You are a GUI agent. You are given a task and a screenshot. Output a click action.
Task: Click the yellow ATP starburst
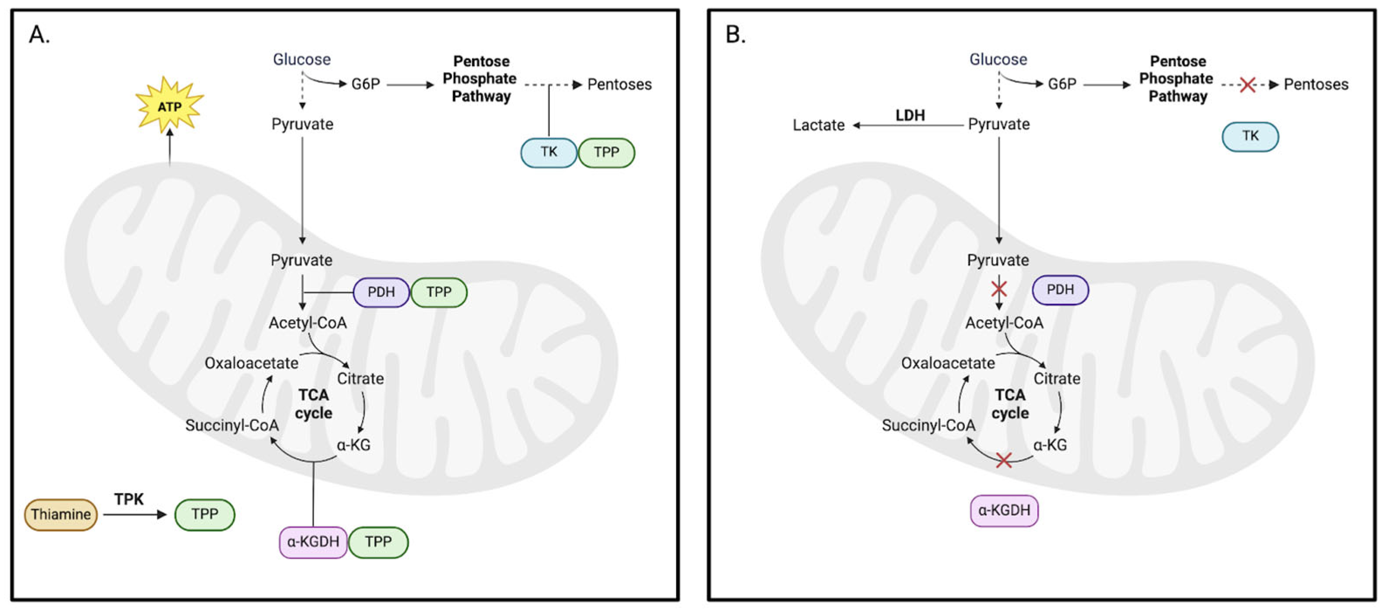click(x=169, y=106)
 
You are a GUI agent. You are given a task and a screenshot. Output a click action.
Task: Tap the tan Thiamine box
click(x=61, y=515)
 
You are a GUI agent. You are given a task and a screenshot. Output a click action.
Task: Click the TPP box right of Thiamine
click(x=205, y=515)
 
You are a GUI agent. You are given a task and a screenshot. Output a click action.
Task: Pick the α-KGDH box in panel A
click(x=313, y=542)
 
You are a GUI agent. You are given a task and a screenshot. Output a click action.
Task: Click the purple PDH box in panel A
click(x=381, y=292)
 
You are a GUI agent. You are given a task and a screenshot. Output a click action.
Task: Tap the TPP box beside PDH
click(x=439, y=292)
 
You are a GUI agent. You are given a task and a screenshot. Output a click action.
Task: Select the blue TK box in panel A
click(x=549, y=152)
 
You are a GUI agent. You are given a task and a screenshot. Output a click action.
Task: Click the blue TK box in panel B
click(x=1250, y=136)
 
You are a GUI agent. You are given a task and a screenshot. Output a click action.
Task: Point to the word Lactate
click(x=818, y=125)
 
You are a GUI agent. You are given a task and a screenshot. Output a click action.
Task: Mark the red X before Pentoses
click(x=1247, y=84)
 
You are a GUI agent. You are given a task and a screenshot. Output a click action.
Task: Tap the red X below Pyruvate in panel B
click(x=999, y=289)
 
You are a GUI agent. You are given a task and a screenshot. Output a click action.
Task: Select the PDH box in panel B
click(x=1060, y=290)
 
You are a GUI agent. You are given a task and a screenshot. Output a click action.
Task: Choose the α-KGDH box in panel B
click(x=1004, y=510)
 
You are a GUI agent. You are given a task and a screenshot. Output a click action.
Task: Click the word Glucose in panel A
click(x=302, y=59)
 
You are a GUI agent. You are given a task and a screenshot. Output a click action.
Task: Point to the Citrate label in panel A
click(x=360, y=378)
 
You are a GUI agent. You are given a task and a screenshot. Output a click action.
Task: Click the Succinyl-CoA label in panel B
click(x=928, y=425)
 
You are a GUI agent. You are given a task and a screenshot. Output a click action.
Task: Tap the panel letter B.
click(x=735, y=35)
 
